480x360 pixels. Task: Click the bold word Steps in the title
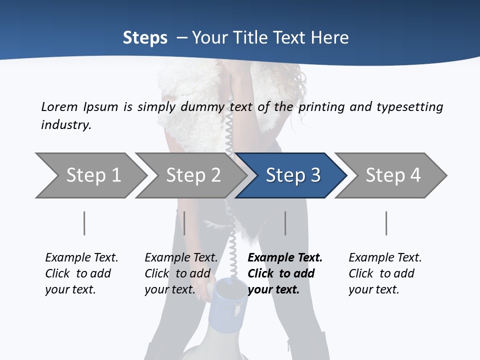click(x=145, y=38)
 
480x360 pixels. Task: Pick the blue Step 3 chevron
click(x=292, y=175)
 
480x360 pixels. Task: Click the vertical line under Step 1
click(x=84, y=223)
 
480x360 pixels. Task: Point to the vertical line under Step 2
click(x=184, y=223)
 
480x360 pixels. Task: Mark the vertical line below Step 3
click(x=285, y=223)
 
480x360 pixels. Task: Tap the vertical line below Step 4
click(x=386, y=223)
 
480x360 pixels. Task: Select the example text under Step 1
click(x=81, y=273)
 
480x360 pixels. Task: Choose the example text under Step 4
click(x=385, y=273)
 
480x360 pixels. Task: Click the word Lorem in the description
click(x=59, y=107)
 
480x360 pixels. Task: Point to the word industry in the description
click(x=66, y=125)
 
